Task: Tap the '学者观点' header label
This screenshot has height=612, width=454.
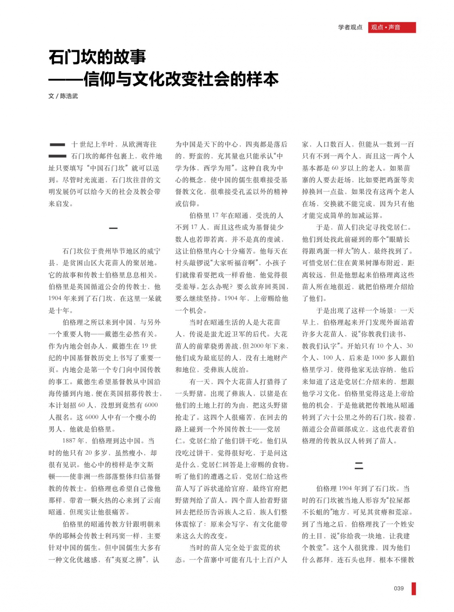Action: click(x=350, y=27)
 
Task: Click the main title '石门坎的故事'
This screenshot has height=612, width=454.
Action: click(x=97, y=57)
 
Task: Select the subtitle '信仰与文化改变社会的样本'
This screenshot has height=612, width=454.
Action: click(x=181, y=79)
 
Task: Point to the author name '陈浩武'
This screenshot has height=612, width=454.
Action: click(x=69, y=96)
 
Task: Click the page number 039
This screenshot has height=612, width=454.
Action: click(x=399, y=588)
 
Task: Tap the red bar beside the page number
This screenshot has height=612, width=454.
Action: click(x=414, y=589)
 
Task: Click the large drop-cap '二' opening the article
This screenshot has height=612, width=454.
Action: click(x=57, y=150)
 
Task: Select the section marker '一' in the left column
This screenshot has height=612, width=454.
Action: click(x=113, y=228)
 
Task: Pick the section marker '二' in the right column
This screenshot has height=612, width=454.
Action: click(x=358, y=466)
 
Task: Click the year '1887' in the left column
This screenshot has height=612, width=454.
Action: click(x=69, y=441)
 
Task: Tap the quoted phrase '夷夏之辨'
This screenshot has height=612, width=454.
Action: click(x=127, y=560)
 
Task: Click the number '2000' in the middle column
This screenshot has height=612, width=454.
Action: click(x=257, y=346)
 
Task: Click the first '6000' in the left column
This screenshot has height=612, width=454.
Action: click(x=151, y=405)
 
